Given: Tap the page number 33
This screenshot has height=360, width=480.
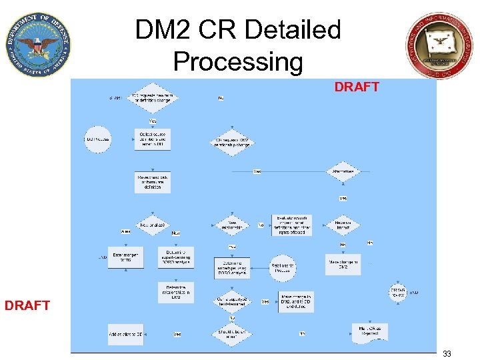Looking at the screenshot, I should (447, 354).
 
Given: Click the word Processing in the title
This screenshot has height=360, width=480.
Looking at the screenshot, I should (238, 62).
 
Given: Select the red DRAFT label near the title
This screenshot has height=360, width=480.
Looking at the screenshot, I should (356, 87).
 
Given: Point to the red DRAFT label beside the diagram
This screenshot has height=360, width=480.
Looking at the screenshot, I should (27, 305).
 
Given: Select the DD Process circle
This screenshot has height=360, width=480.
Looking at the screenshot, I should (98, 139).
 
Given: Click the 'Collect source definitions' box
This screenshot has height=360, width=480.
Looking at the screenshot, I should (153, 139).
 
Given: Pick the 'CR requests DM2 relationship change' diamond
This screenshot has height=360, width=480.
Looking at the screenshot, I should (232, 142).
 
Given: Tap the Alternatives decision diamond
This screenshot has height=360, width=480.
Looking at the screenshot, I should (343, 171).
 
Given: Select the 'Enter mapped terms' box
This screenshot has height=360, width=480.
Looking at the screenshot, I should (125, 257).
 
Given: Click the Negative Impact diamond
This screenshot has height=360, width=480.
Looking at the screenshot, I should (343, 225).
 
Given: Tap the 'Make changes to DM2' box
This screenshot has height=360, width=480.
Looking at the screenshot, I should (296, 301).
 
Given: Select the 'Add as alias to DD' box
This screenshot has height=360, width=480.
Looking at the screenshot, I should (125, 333).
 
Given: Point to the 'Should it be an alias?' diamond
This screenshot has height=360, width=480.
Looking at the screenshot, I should (232, 333).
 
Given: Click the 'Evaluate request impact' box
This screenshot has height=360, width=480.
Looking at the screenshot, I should (292, 225).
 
